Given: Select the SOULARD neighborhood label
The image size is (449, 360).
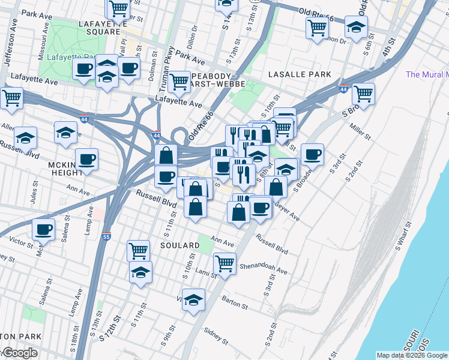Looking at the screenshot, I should click(179, 246).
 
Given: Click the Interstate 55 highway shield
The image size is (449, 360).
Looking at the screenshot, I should click(106, 238).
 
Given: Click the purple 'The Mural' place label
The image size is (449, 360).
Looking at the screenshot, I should click(427, 74).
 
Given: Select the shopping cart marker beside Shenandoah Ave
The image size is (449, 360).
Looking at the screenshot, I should click(224, 263).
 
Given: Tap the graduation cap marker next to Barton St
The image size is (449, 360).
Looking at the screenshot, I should click(193, 299).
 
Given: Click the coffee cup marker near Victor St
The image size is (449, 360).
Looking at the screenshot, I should click(43, 229).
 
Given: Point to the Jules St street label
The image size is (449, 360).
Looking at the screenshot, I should click(34, 197).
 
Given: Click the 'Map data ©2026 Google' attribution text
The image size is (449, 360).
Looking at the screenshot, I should click(412, 355).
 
